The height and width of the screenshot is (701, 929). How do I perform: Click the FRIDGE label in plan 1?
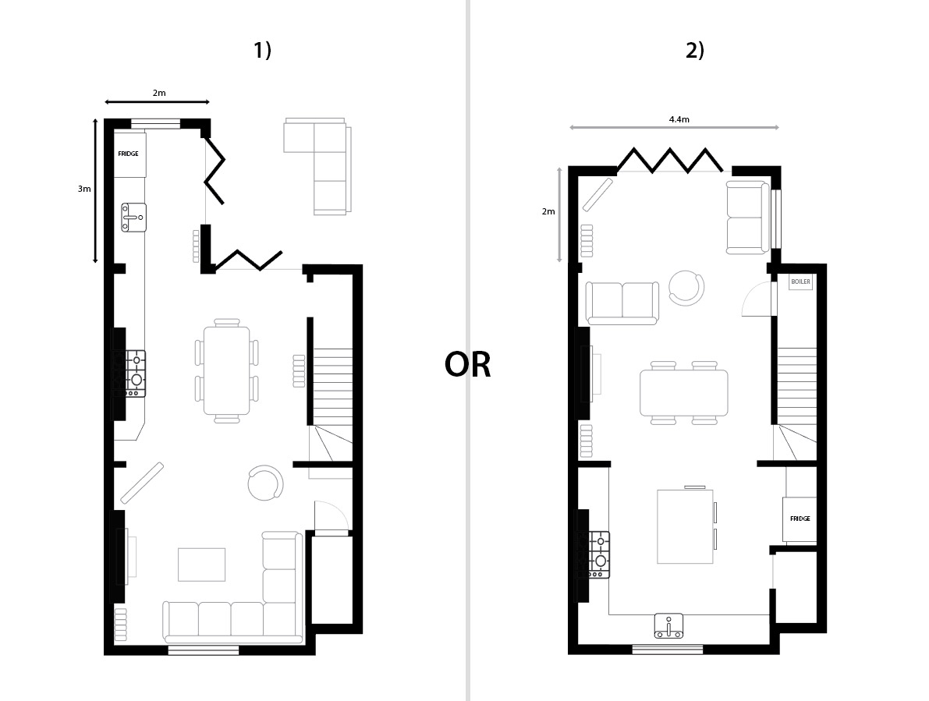click(128, 154)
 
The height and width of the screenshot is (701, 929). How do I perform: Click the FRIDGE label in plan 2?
click(800, 519)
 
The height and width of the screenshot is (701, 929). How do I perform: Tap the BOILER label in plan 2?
click(800, 281)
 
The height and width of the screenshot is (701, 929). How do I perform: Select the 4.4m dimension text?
click(679, 119)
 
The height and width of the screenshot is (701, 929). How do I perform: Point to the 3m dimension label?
click(84, 189)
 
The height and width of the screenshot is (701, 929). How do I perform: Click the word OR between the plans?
click(467, 365)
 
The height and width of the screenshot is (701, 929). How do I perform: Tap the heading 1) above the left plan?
click(262, 51)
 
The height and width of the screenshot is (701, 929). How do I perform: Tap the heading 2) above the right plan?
click(695, 51)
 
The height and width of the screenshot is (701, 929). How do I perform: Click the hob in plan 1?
click(136, 374)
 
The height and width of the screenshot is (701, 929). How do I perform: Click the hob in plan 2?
click(599, 554)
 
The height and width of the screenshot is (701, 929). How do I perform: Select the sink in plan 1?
click(134, 218)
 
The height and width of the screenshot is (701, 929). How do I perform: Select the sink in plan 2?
click(669, 626)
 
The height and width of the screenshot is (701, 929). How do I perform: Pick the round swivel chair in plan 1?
click(265, 483)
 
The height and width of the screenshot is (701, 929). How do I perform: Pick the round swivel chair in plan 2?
click(686, 289)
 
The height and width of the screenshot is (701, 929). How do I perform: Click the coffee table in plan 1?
click(201, 565)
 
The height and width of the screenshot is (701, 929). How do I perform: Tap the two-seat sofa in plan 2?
click(622, 303)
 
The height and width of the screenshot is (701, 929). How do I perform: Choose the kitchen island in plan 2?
click(685, 526)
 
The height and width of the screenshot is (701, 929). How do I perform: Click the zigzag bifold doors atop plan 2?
click(670, 160)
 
